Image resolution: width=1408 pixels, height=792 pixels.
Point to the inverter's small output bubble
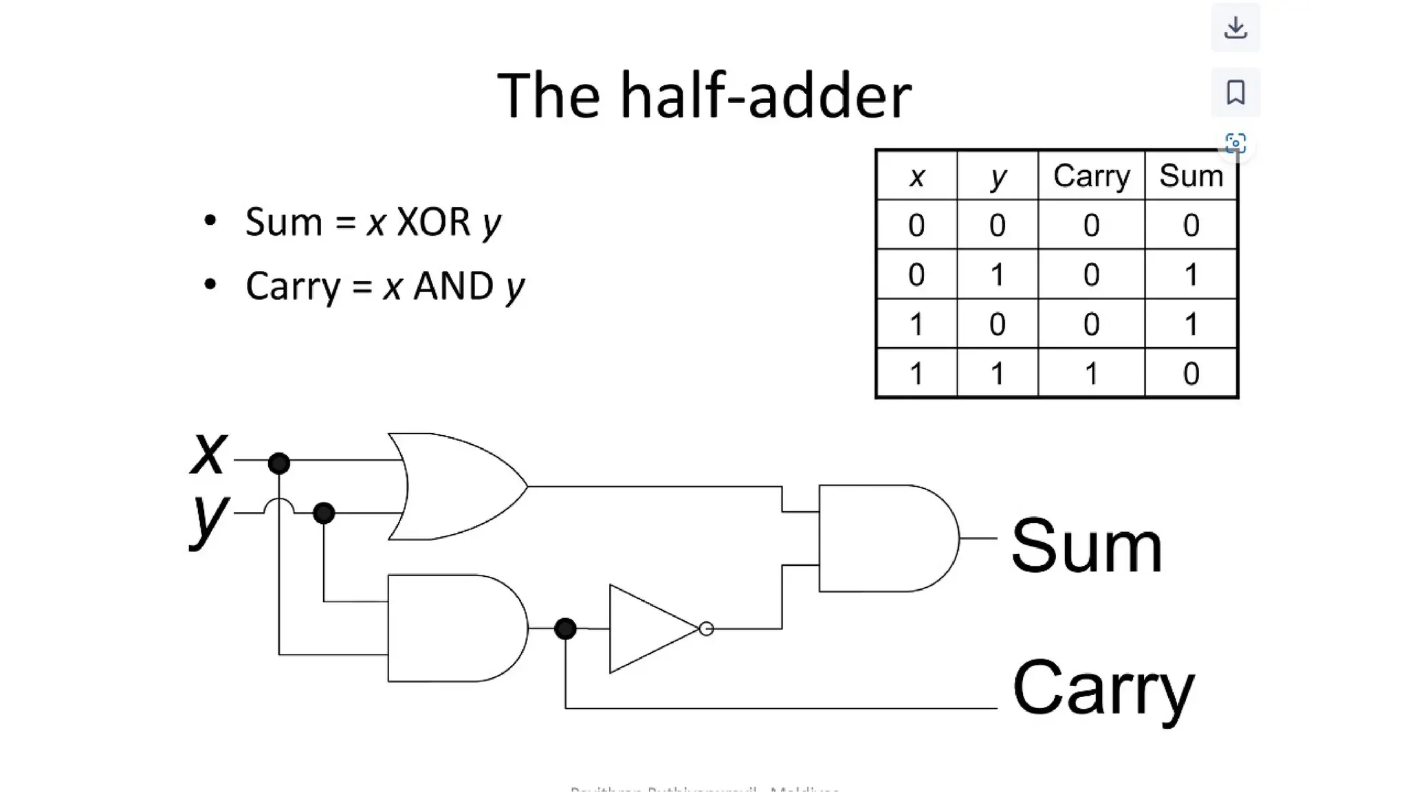coord(706,628)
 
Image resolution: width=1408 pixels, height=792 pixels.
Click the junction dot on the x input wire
coord(278,463)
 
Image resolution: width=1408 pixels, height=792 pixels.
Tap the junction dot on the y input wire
coord(324,513)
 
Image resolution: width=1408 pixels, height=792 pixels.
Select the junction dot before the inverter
coord(565,628)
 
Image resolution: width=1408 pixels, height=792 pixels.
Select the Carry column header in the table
coord(1091,176)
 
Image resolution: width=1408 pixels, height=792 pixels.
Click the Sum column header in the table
coord(1191,176)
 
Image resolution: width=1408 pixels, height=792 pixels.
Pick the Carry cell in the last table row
coord(1091,373)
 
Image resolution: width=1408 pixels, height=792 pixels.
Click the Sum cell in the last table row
coord(1191,373)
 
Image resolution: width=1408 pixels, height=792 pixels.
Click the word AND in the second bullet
coord(453,286)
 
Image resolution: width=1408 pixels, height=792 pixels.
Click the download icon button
coord(1235,27)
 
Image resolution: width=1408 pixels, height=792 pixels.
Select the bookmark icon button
coord(1235,92)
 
